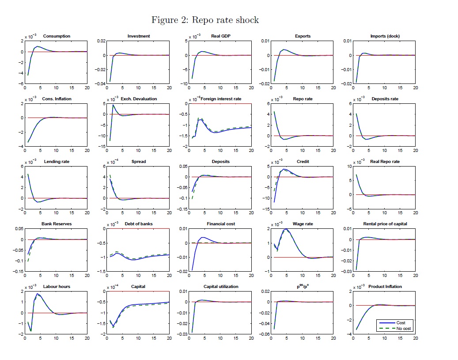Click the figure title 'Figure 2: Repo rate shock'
point(205,20)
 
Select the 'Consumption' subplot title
point(57,36)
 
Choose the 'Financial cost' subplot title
point(221,224)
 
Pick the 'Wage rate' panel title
point(303,224)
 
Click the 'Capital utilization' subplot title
point(221,287)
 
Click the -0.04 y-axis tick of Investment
point(101,83)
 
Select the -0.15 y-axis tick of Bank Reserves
point(18,271)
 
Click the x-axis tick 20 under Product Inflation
point(416,338)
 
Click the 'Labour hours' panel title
point(57,287)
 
